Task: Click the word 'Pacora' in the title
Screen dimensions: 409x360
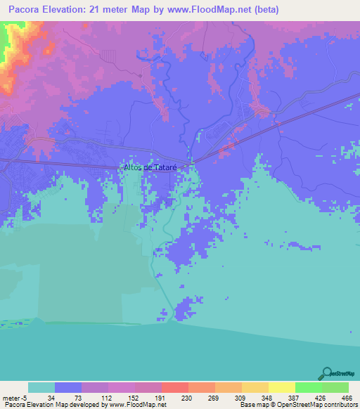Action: (28, 10)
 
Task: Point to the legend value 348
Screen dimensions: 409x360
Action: (267, 398)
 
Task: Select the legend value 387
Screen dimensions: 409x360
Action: (294, 398)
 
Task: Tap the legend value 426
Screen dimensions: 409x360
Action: (321, 398)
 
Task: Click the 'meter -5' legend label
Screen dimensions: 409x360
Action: (13, 398)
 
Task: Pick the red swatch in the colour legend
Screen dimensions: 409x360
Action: (174, 387)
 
